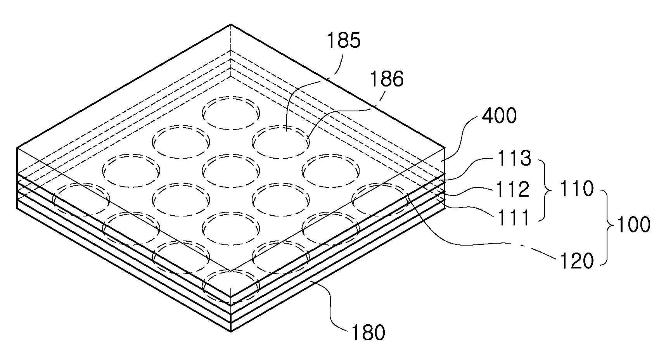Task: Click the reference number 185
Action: click(x=344, y=41)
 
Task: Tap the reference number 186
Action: click(x=387, y=79)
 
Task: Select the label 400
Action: click(x=499, y=116)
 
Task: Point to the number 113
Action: click(x=514, y=159)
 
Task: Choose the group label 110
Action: click(x=577, y=189)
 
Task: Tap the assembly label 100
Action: click(x=633, y=225)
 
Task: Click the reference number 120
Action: click(x=577, y=261)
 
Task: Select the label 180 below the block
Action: click(x=368, y=332)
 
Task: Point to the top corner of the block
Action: click(x=231, y=24)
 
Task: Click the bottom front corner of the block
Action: click(x=231, y=332)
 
